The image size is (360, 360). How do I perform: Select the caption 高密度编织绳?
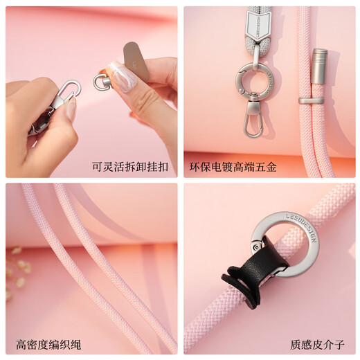(x=48, y=344)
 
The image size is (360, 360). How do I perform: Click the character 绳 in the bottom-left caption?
(x=75, y=344)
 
